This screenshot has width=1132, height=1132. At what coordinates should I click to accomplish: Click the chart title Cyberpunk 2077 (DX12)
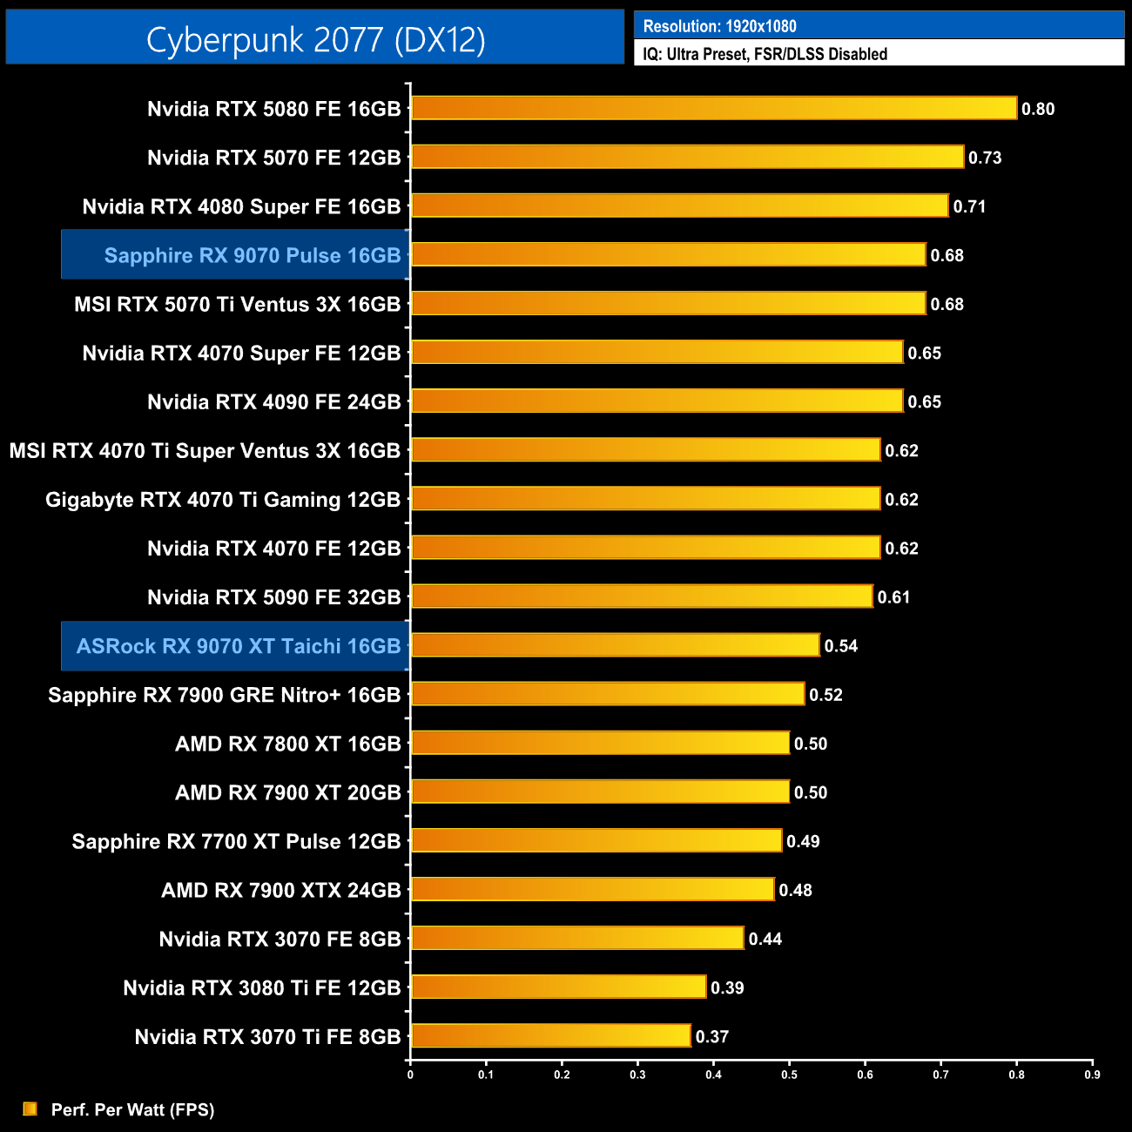(315, 39)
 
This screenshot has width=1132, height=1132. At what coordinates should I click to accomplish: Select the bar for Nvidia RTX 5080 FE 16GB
(714, 108)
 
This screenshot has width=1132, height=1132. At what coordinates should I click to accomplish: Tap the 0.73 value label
(985, 158)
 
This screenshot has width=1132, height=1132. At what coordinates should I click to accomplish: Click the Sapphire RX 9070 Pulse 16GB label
(252, 255)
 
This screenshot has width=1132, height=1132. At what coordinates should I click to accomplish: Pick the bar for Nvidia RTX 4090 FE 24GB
(657, 401)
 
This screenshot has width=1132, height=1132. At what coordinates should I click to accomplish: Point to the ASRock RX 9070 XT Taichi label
(238, 646)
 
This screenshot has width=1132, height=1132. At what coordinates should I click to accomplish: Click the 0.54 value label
(841, 646)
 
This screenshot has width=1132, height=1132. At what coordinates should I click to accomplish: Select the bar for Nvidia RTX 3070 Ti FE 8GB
(550, 1035)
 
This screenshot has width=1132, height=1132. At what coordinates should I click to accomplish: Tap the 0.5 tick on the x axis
(789, 1075)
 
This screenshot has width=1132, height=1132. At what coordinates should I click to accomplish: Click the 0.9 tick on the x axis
(1092, 1075)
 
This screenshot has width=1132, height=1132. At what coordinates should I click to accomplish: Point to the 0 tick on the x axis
(410, 1075)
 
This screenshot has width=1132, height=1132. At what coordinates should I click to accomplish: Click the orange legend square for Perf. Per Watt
(30, 1108)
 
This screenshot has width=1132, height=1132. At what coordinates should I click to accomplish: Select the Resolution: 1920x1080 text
(719, 26)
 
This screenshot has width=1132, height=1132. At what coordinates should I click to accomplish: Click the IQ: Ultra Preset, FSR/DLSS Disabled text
(765, 54)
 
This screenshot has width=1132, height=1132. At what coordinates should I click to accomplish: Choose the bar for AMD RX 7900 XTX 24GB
(592, 889)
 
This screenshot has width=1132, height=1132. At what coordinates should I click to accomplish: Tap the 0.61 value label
(893, 597)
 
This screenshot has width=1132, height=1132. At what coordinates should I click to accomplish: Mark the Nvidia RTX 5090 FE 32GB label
(273, 597)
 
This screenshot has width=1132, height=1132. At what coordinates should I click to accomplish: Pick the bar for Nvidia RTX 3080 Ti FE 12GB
(558, 987)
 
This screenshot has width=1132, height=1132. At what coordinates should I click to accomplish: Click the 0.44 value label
(765, 939)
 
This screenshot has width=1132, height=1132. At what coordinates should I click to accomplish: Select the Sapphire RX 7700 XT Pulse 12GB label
(236, 841)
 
